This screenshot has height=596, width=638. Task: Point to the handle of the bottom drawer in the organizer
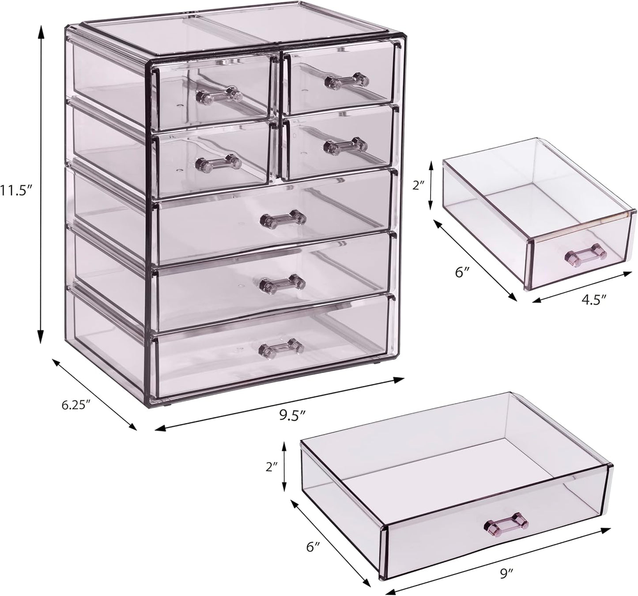coord(281,346)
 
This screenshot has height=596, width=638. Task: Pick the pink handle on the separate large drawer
coord(506,525)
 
